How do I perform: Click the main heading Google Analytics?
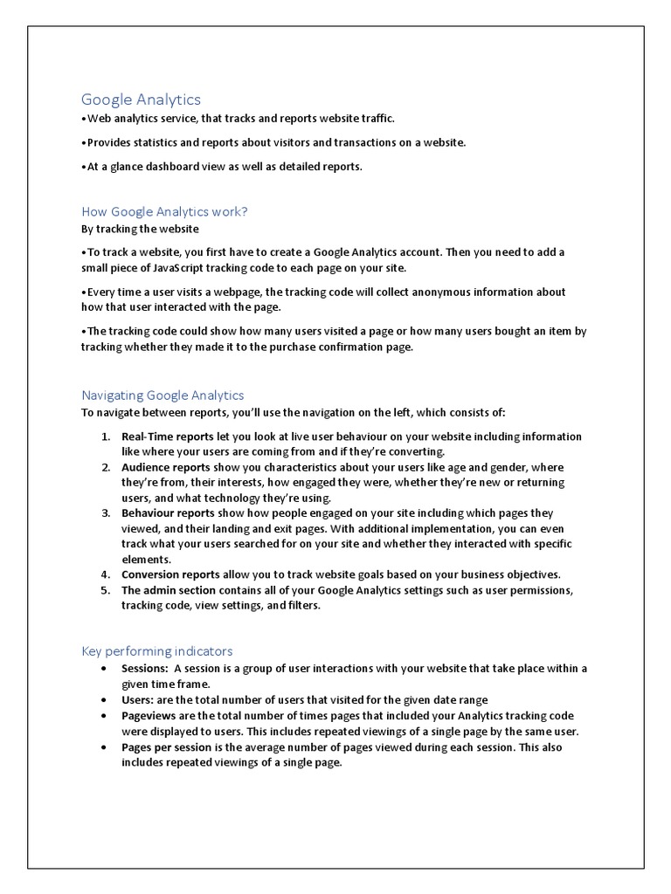point(141,100)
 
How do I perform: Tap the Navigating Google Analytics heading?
point(163,395)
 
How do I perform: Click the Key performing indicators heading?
point(156,650)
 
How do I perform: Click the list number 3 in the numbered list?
point(104,513)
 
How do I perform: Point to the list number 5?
point(104,590)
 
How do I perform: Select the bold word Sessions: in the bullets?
point(145,669)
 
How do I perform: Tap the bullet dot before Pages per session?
point(105,748)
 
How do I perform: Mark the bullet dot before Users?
point(105,700)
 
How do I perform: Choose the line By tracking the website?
point(140,229)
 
